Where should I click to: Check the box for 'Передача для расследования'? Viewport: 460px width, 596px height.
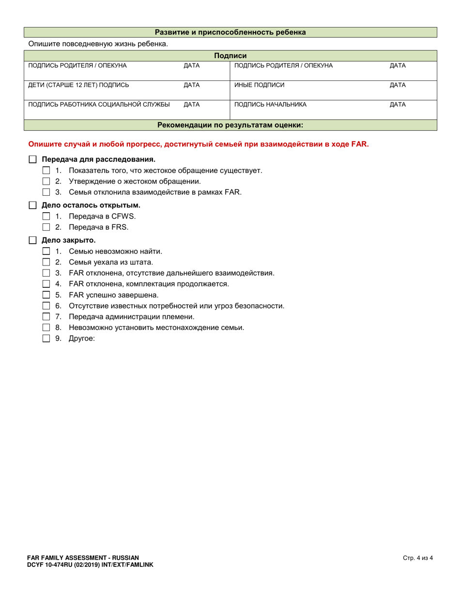click(32, 159)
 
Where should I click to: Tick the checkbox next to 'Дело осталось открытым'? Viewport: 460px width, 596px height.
click(32, 205)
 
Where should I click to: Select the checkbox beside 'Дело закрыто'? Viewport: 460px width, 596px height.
click(32, 240)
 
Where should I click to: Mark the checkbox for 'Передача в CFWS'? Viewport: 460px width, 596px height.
click(46, 216)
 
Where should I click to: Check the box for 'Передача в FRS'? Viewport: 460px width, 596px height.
click(46, 227)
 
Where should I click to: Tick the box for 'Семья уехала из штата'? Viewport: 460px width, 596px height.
click(46, 262)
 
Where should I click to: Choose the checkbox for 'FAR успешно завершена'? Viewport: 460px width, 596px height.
click(46, 295)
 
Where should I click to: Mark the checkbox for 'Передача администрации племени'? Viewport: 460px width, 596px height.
click(46, 316)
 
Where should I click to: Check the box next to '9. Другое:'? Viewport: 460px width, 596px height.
click(46, 339)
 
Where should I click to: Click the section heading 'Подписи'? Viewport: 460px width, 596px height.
click(230, 56)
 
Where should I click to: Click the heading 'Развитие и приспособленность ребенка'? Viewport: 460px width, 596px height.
click(230, 32)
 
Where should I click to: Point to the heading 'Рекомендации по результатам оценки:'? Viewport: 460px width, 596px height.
click(230, 125)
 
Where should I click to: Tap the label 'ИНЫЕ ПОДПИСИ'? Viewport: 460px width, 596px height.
click(259, 85)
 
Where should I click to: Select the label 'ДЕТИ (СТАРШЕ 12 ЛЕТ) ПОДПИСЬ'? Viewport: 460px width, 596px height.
click(79, 85)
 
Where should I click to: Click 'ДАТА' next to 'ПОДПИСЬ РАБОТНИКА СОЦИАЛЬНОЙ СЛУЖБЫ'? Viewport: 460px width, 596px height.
click(192, 104)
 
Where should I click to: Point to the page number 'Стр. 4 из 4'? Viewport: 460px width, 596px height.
click(417, 558)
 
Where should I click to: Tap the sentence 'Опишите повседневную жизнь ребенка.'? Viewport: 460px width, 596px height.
click(98, 44)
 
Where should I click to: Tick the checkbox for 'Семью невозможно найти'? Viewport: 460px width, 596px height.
click(46, 251)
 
